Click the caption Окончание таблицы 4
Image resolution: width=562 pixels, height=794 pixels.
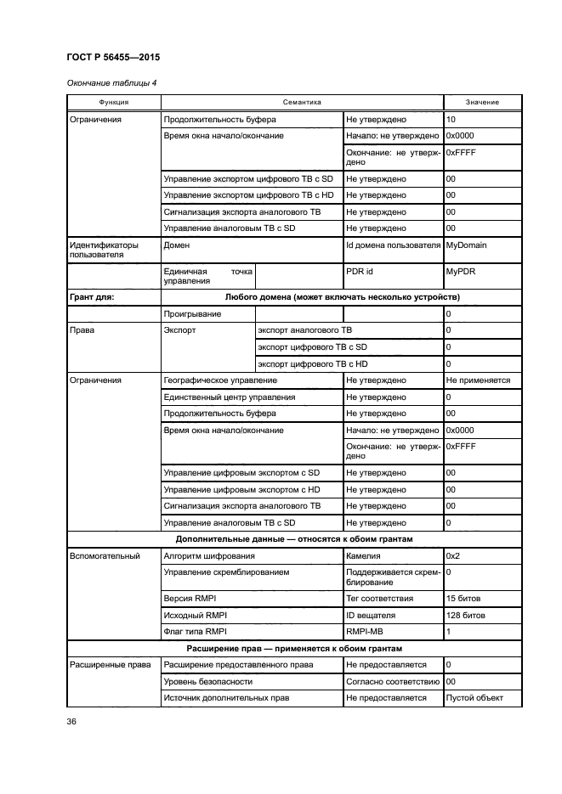(x=107, y=82)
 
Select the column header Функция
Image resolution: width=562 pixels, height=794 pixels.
(x=113, y=102)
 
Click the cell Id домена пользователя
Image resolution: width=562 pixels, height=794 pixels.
(x=392, y=245)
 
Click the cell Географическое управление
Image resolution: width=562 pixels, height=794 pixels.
(x=219, y=380)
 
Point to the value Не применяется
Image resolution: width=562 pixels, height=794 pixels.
(x=478, y=380)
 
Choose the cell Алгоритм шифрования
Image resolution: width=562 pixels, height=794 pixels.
(x=211, y=556)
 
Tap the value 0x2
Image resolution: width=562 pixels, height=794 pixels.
(x=454, y=556)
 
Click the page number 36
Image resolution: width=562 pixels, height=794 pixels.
(x=72, y=722)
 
